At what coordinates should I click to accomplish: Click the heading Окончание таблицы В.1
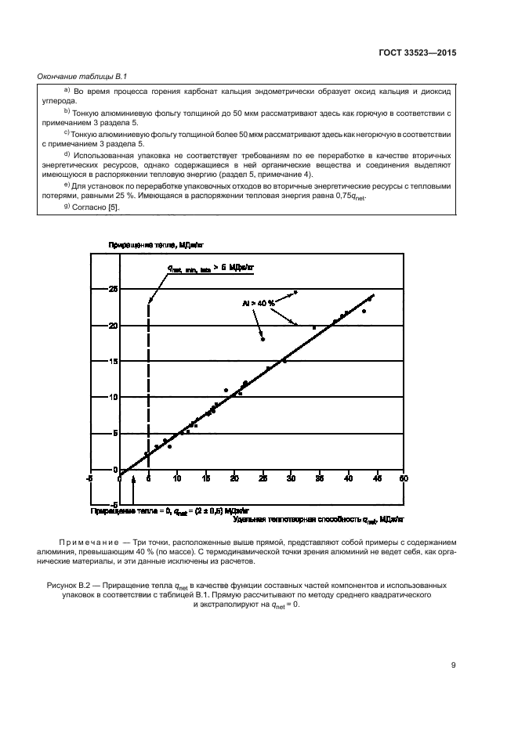tap(83, 76)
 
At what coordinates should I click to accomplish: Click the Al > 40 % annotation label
tap(258, 303)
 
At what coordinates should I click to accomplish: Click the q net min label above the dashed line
tap(210, 268)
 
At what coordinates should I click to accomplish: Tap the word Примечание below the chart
tap(88, 542)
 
